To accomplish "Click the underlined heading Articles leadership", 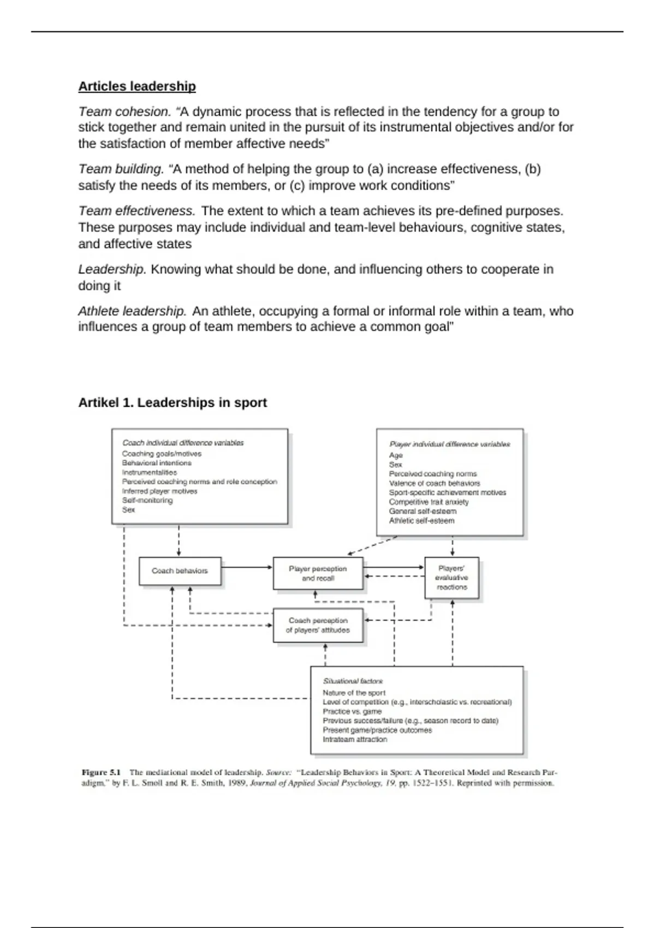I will tap(137, 86).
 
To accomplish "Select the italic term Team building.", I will tap(121, 169).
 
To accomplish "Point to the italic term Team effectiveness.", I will tap(136, 211).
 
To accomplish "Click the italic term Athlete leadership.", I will tap(132, 311).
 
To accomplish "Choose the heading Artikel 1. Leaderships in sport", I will tap(172, 402).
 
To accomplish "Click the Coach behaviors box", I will tap(180, 571).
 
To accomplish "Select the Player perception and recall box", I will tap(318, 573).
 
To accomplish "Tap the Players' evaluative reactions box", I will tap(451, 578).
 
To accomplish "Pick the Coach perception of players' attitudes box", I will tap(318, 625).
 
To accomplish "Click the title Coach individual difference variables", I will tap(183, 443).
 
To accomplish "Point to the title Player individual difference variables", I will tap(449, 444).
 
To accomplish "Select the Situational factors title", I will tap(353, 681).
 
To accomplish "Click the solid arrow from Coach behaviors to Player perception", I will tap(247, 567).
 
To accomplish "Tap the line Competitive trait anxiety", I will tap(428, 502).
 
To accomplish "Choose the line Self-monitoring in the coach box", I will tap(147, 500).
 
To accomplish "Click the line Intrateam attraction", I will tap(355, 739).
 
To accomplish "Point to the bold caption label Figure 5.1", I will tap(101, 772).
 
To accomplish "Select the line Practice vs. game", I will tap(352, 711).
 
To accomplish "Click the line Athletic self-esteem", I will tap(421, 521).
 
